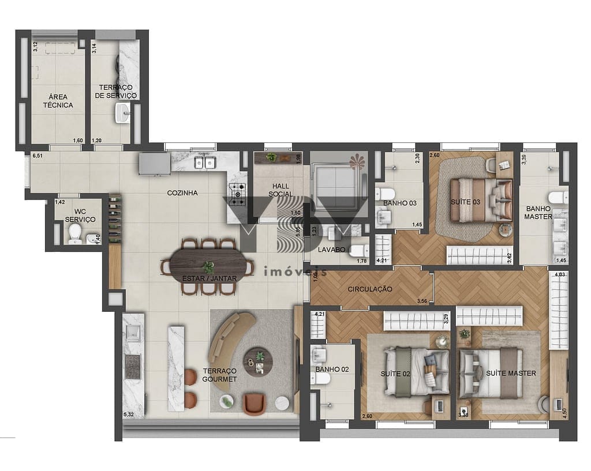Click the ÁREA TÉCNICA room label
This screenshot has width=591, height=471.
(x=57, y=101)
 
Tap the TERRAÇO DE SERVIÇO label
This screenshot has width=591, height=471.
(x=115, y=91)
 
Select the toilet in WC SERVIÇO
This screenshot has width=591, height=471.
(x=74, y=233)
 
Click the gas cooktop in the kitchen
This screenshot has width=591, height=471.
(x=237, y=194)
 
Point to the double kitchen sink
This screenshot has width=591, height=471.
(x=204, y=163)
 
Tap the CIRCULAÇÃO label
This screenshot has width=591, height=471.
(x=370, y=289)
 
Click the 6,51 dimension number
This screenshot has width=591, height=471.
(x=39, y=156)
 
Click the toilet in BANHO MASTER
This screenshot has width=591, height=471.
(x=556, y=196)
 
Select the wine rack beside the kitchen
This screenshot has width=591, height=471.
(x=114, y=219)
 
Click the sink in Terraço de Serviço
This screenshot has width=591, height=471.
(x=122, y=113)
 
